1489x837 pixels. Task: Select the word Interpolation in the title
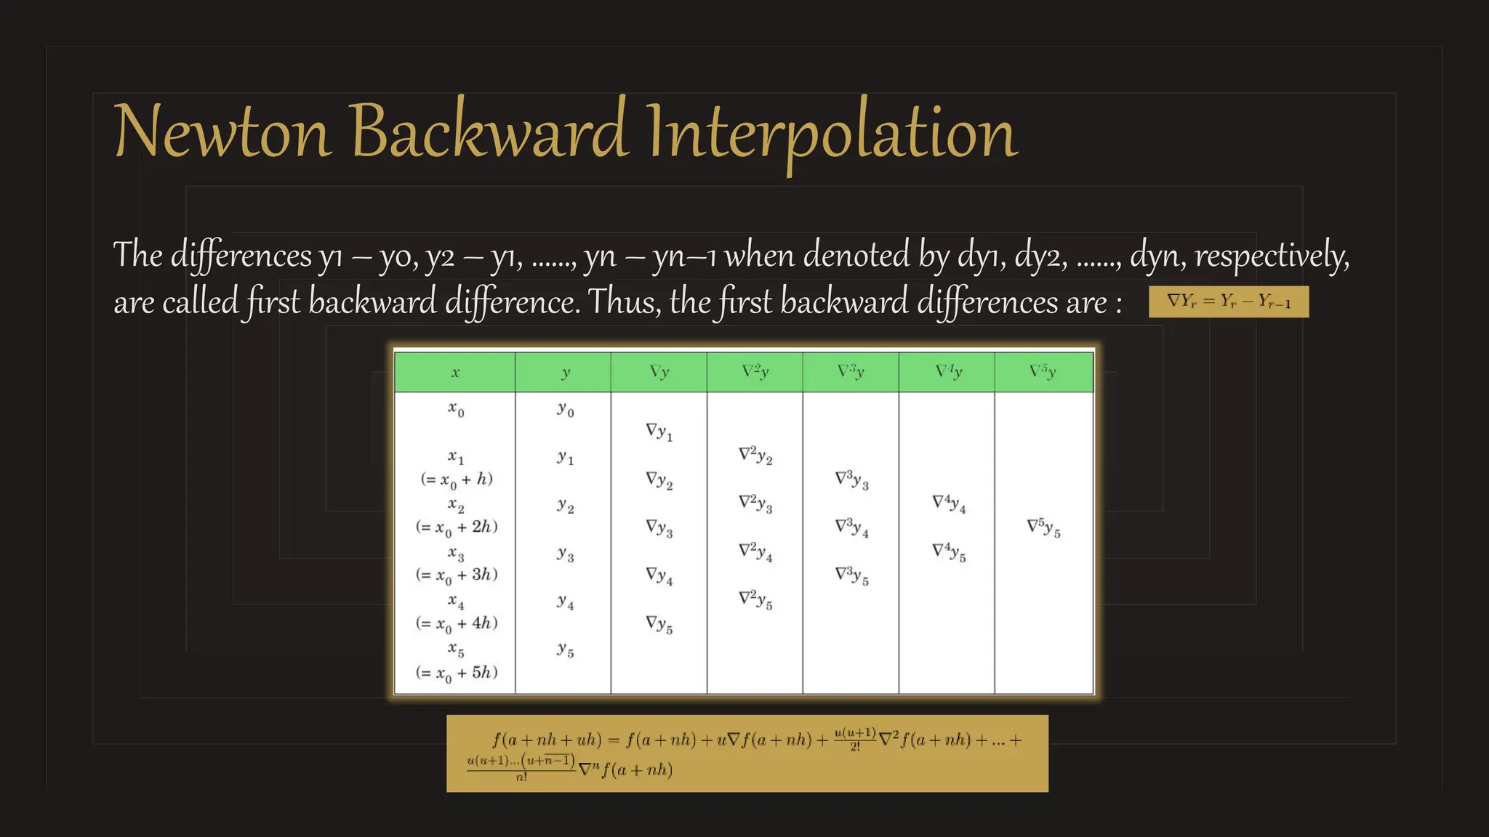click(x=831, y=133)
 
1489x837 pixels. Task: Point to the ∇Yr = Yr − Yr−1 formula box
click(x=1228, y=302)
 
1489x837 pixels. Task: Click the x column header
click(x=455, y=373)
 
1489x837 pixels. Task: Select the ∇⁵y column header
click(x=1043, y=372)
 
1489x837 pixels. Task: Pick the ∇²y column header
click(x=755, y=372)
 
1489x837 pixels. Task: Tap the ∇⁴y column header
click(x=948, y=372)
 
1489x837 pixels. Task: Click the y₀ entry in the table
click(x=566, y=411)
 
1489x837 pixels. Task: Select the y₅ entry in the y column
click(x=566, y=650)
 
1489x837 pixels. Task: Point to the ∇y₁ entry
click(x=659, y=432)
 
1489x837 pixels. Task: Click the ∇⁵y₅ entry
click(x=1043, y=527)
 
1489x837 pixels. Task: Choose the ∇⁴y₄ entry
click(x=949, y=504)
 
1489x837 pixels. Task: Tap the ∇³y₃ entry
click(x=851, y=480)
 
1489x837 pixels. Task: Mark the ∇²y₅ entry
click(x=755, y=599)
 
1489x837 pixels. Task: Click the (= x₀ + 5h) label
click(x=457, y=673)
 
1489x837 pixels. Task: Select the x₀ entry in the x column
click(x=456, y=411)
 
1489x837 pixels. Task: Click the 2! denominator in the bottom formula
click(x=855, y=747)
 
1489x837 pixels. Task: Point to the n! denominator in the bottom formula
click(x=521, y=777)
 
